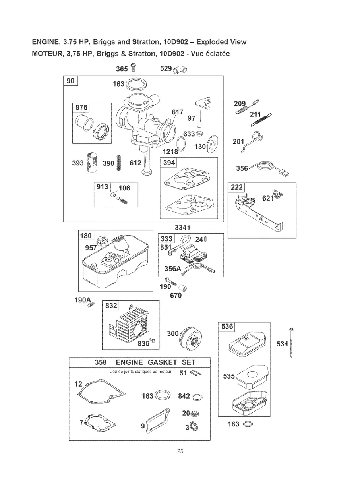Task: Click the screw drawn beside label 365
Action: coord(133,68)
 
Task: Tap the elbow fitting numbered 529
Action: coord(180,70)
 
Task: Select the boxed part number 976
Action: coord(81,108)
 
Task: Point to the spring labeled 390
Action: coord(119,163)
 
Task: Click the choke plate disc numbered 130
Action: coord(212,144)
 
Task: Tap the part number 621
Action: coord(268,198)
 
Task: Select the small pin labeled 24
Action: coord(205,240)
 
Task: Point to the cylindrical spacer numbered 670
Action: coord(182,288)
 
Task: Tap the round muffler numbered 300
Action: coord(190,338)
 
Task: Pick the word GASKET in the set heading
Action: coord(162,362)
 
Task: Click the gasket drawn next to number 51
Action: coord(195,373)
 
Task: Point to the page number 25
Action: coord(180,451)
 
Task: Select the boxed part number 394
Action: coord(169,163)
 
